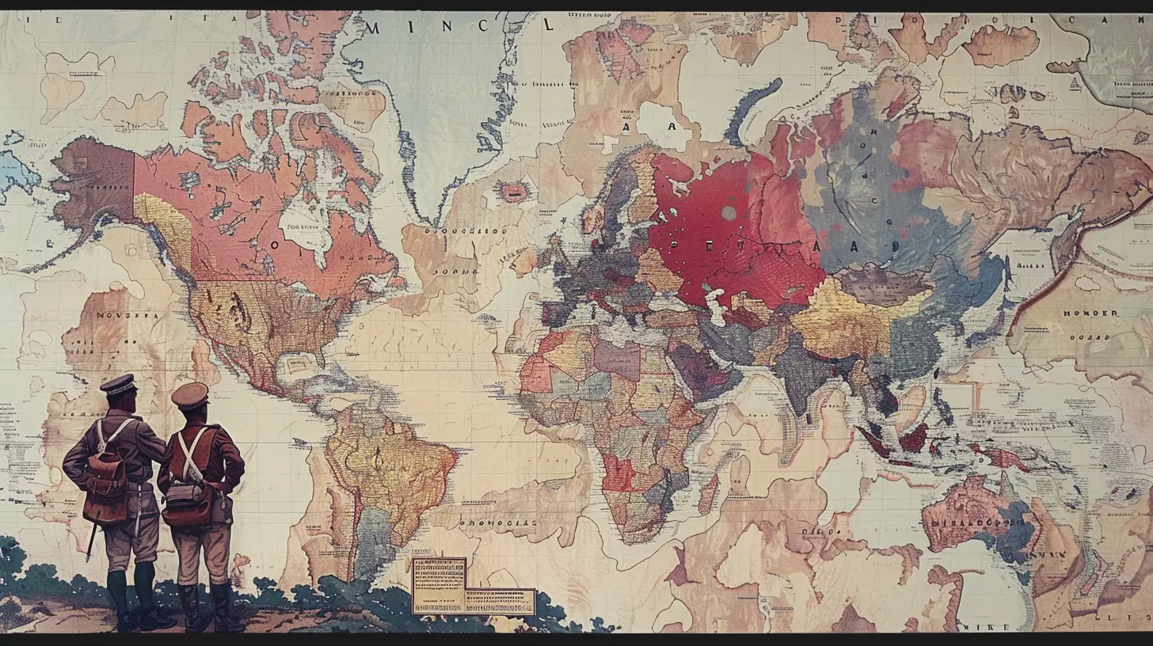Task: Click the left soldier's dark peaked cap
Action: (118, 385)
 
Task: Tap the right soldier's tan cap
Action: (190, 393)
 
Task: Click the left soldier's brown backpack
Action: (105, 474)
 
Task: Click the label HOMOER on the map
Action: (1090, 313)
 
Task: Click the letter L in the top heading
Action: (547, 25)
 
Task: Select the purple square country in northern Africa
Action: (617, 360)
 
